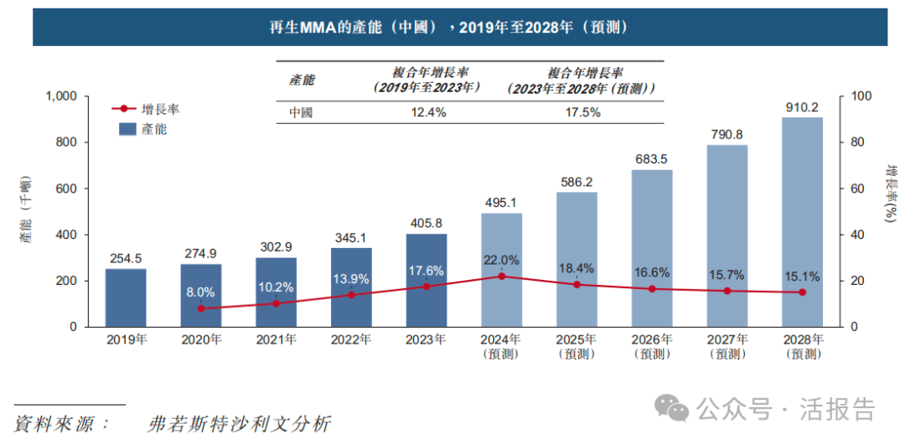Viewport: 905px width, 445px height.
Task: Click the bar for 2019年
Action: point(126,298)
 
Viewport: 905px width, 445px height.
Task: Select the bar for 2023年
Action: point(427,280)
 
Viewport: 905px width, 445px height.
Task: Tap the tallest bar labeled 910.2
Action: point(802,222)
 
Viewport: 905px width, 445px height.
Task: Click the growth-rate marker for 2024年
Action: point(501,276)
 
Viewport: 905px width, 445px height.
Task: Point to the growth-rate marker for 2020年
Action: point(201,308)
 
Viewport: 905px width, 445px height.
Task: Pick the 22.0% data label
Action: point(502,260)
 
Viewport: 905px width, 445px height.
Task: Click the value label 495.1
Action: point(502,203)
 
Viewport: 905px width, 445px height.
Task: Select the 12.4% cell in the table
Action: point(428,112)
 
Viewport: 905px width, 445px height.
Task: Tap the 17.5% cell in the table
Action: point(582,112)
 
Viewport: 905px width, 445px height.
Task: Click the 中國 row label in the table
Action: point(301,112)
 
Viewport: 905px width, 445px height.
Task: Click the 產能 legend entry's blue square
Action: point(127,129)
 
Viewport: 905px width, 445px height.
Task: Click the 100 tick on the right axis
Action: point(861,97)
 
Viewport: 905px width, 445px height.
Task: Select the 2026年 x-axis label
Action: point(652,339)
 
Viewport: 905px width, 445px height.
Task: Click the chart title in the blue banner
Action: point(459,27)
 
